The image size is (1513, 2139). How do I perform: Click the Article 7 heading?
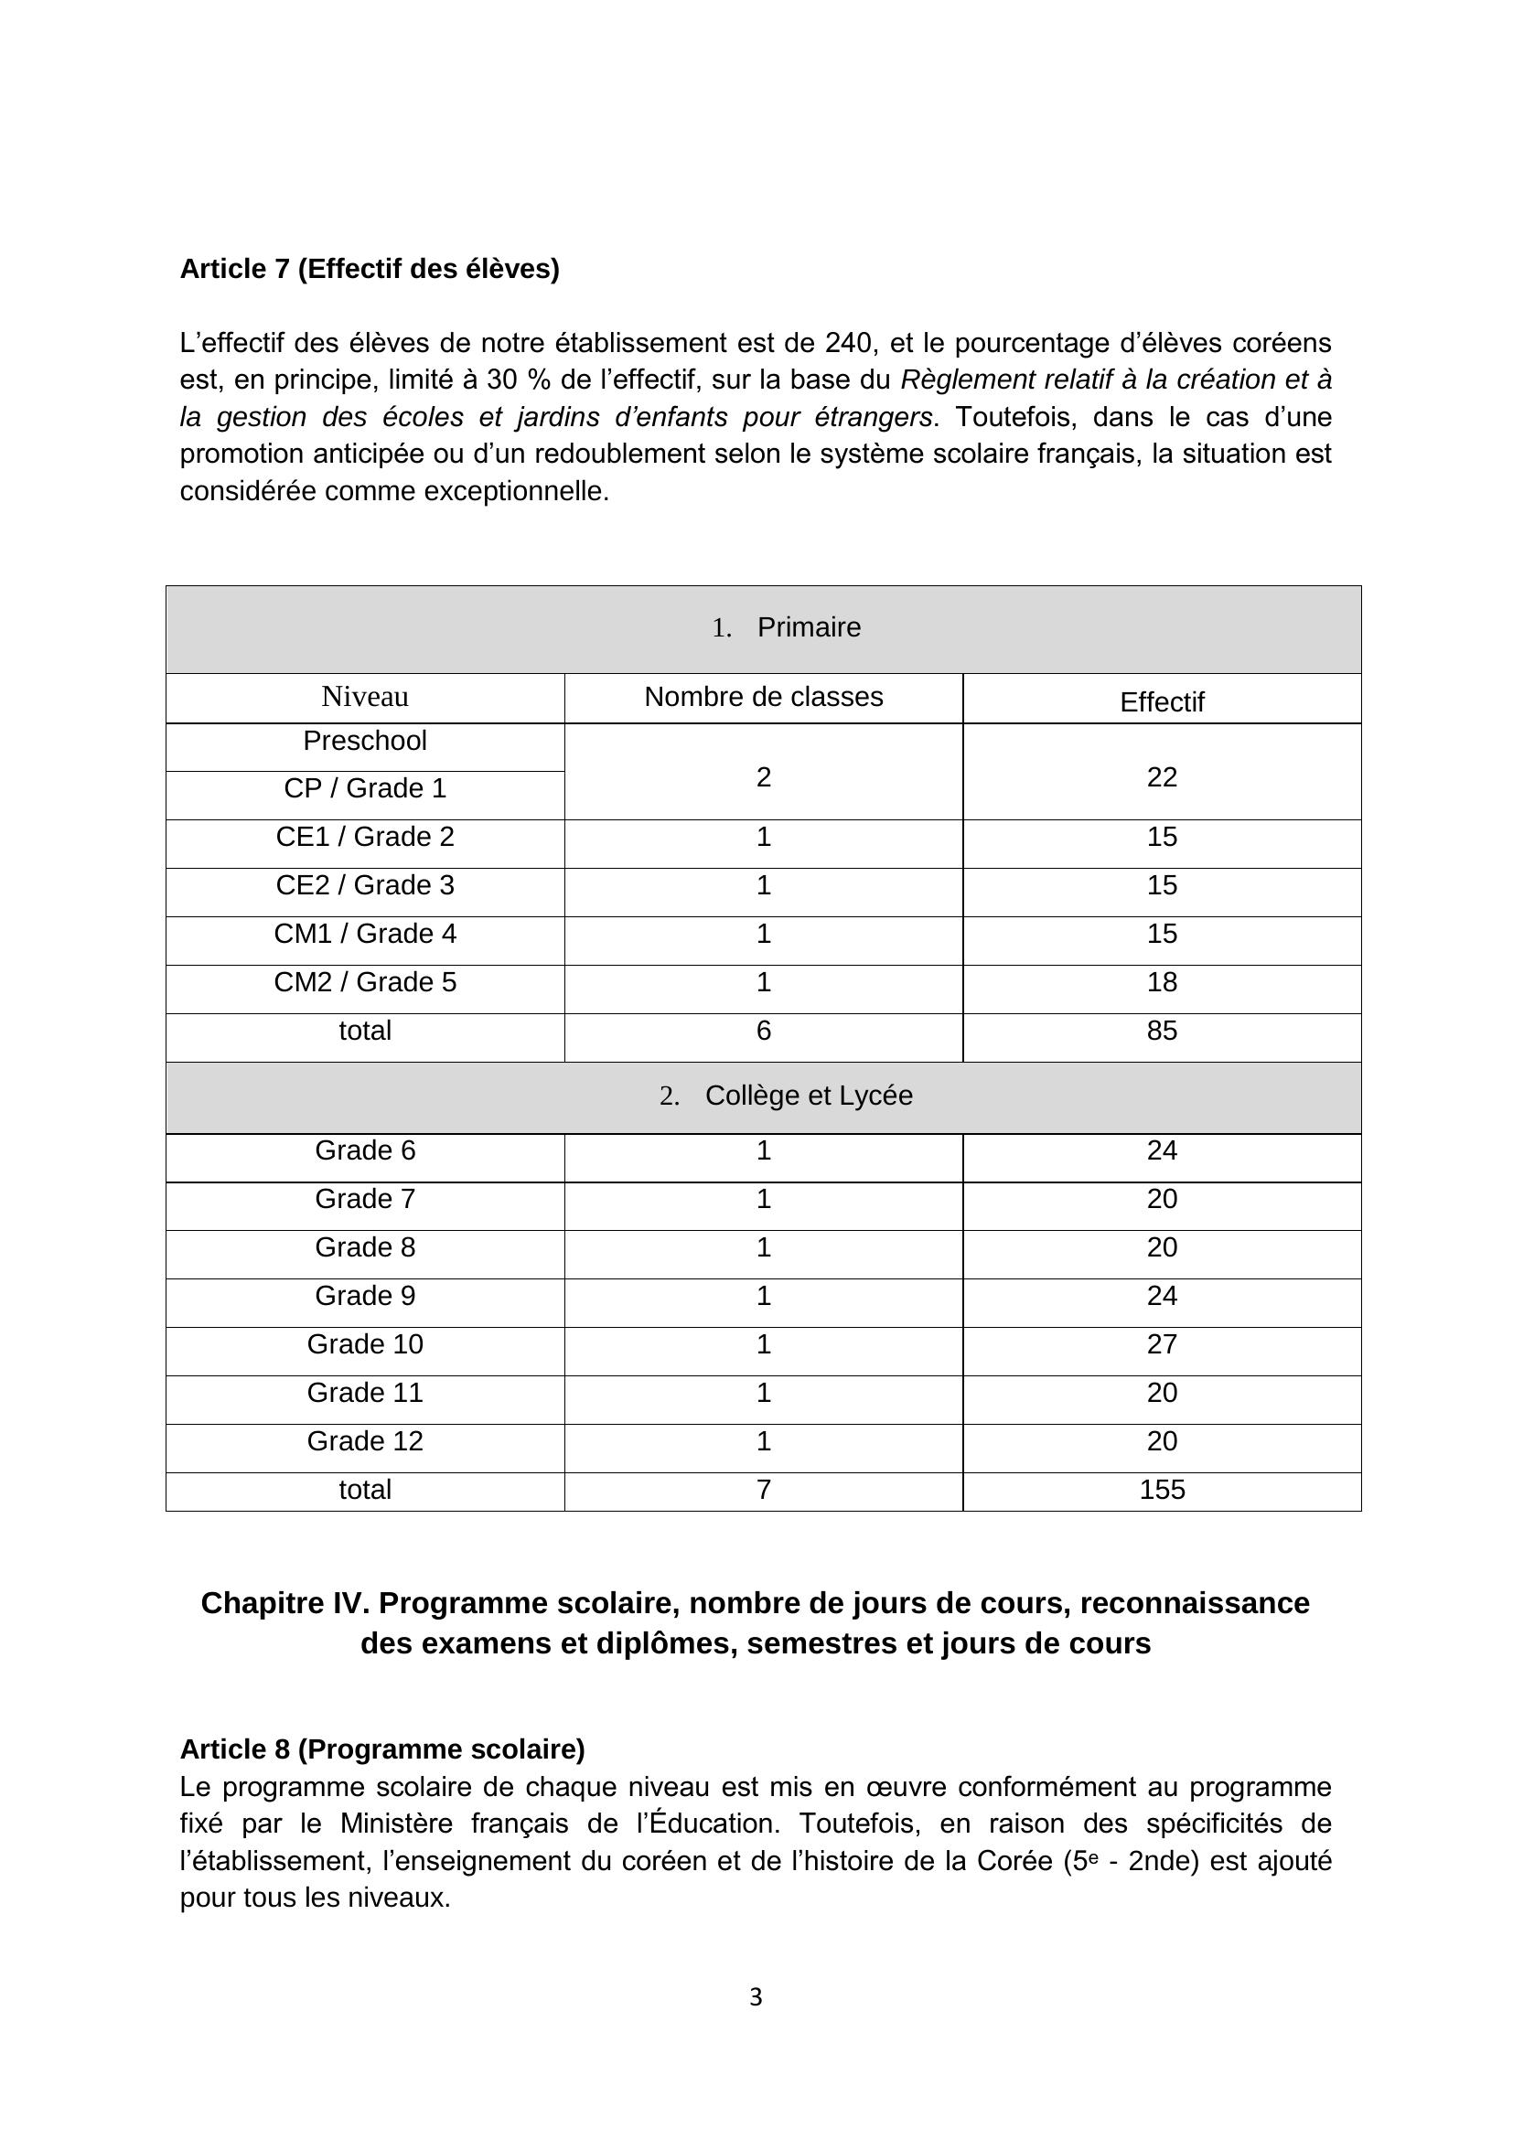click(x=369, y=269)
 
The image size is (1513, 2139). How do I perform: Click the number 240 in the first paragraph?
click(x=848, y=344)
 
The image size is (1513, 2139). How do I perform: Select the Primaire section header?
click(x=808, y=628)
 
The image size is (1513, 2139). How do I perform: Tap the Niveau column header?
click(x=364, y=697)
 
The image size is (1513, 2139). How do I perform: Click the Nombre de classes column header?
click(x=763, y=697)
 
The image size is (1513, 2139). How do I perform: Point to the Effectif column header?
click(x=1161, y=702)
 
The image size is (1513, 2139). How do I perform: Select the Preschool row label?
click(x=364, y=742)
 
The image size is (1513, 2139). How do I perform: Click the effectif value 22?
click(x=1162, y=777)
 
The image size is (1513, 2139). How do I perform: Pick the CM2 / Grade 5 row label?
click(x=364, y=982)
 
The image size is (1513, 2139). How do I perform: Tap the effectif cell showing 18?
click(x=1162, y=982)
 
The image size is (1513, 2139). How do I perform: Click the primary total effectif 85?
click(x=1162, y=1031)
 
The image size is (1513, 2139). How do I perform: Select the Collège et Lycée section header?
click(x=808, y=1096)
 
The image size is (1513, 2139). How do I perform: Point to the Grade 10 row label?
click(x=364, y=1344)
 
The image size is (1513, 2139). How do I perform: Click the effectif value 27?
click(x=1162, y=1344)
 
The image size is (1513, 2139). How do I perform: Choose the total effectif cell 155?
click(x=1162, y=1490)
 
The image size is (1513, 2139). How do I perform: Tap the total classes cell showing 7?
click(x=763, y=1490)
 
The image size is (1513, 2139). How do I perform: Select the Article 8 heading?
click(x=382, y=1749)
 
